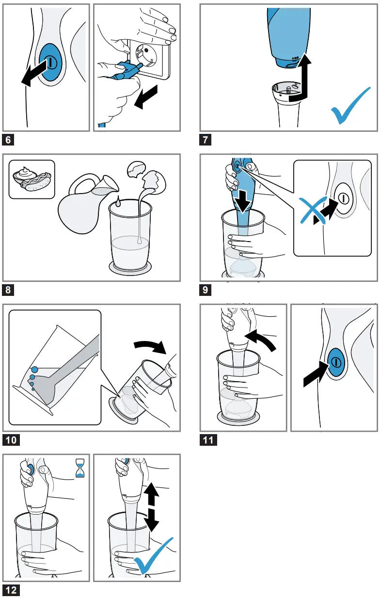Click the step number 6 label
pyautogui.click(x=8, y=141)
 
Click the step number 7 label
pyautogui.click(x=206, y=141)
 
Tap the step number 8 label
pyautogui.click(x=8, y=291)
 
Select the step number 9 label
pyautogui.click(x=206, y=291)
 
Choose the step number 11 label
pyautogui.click(x=209, y=440)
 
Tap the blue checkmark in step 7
pyautogui.click(x=350, y=107)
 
